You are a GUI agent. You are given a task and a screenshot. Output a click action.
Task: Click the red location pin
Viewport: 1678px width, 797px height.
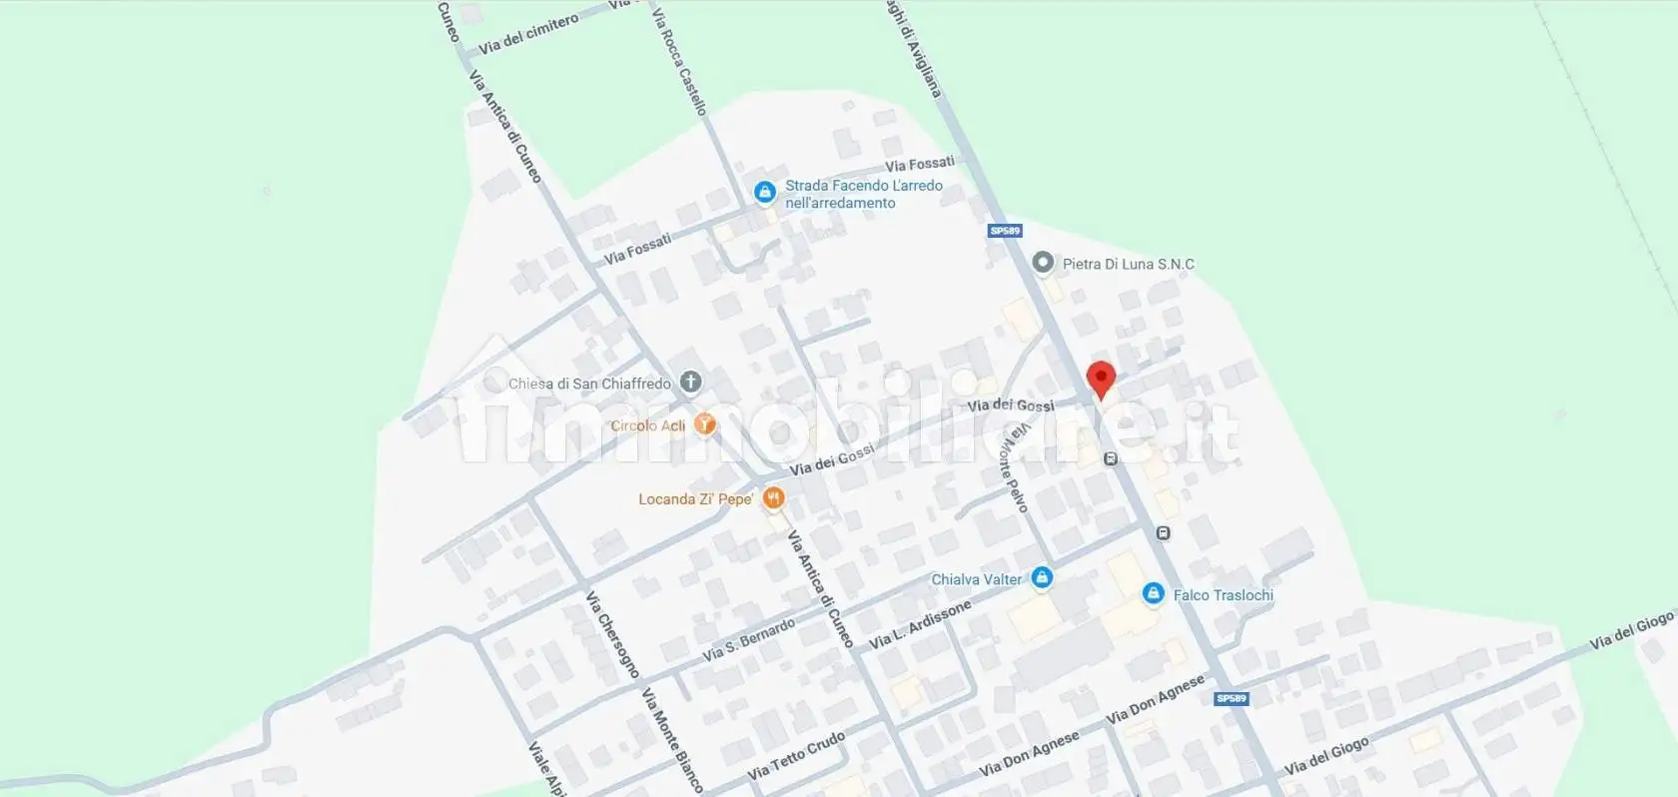coord(1101,380)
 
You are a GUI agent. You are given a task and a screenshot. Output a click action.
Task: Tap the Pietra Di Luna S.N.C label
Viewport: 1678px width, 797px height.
coord(1128,265)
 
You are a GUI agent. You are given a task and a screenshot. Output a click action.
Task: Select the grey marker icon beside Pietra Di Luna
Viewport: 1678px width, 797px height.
coord(1043,263)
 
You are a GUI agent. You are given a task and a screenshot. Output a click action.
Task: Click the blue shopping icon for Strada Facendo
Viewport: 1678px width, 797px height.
coord(764,192)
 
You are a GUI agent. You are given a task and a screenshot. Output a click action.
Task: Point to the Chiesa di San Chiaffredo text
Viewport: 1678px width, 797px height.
coord(589,384)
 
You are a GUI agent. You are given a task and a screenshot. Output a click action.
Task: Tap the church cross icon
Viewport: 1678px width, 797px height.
coord(690,382)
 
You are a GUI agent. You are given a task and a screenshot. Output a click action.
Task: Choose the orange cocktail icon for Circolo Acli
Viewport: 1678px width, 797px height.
coord(705,424)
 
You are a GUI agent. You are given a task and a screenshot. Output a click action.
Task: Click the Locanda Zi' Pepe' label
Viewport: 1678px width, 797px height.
coord(695,499)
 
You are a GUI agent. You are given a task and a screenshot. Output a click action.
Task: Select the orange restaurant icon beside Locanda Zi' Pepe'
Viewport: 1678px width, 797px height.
coord(773,497)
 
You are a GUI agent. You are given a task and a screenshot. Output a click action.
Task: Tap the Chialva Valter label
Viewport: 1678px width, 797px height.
coord(976,579)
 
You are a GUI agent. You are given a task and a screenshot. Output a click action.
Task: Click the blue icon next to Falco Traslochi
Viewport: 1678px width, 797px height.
coord(1153,594)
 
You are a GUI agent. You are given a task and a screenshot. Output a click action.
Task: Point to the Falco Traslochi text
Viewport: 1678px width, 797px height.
coord(1223,595)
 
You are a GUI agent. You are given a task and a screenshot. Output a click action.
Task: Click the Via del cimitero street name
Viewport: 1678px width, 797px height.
coord(527,35)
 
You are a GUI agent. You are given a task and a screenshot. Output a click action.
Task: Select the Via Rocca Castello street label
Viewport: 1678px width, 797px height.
coord(679,62)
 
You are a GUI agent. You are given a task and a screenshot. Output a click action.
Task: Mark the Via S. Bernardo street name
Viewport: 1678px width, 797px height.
coord(749,639)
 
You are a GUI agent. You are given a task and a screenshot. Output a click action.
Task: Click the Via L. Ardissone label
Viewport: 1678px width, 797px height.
coord(920,624)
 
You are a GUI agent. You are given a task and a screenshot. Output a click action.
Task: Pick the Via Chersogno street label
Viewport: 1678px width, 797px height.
coord(611,634)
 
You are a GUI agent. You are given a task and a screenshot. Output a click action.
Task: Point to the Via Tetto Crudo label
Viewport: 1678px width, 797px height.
coord(796,756)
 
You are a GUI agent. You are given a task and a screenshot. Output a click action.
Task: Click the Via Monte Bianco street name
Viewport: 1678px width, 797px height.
coord(672,739)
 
